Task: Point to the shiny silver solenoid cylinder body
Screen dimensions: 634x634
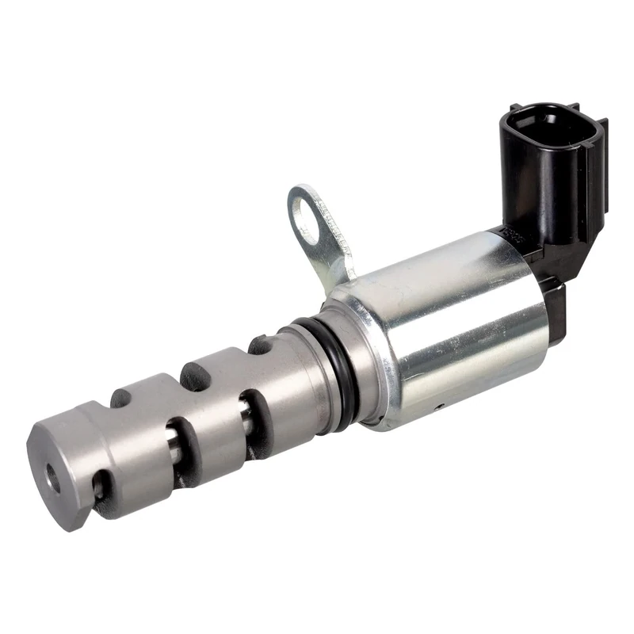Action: pos(452,317)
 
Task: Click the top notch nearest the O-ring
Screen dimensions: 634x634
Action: pos(260,346)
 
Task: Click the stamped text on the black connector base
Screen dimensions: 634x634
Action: pos(508,234)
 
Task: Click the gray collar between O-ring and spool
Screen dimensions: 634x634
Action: pos(305,372)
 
